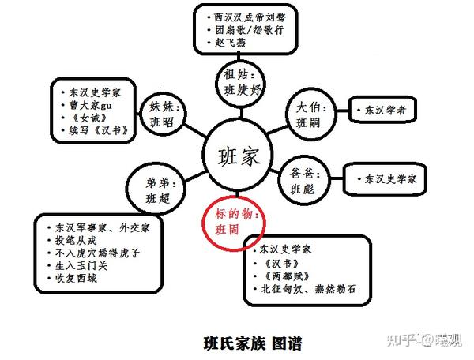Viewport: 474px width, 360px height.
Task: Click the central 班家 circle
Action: click(x=238, y=157)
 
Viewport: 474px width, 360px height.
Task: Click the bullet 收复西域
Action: click(x=77, y=279)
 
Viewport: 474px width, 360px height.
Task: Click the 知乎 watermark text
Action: click(x=402, y=339)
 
